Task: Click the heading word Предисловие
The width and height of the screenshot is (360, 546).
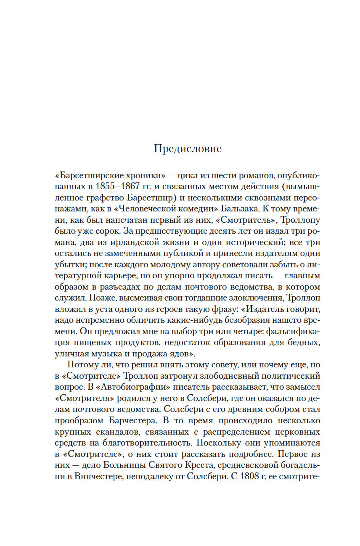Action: pos(188,148)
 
